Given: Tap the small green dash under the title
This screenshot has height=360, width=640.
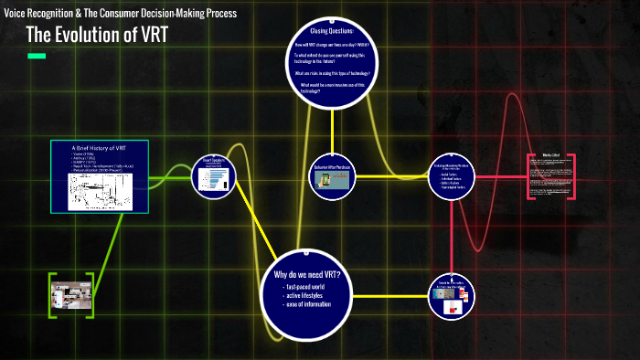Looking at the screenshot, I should click(x=37, y=57).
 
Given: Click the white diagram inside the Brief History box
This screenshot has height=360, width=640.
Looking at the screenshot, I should click(x=101, y=191).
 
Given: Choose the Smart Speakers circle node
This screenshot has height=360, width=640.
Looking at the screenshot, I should click(x=216, y=175).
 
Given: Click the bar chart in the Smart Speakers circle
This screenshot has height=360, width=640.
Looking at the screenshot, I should click(x=217, y=179).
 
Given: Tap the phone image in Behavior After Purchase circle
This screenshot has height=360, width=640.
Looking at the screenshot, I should click(x=325, y=182).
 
